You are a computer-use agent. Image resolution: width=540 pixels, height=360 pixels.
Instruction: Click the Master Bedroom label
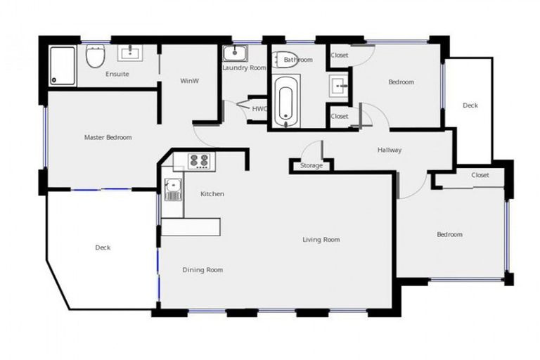(108, 137)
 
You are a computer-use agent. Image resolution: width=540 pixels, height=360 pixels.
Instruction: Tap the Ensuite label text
(117, 74)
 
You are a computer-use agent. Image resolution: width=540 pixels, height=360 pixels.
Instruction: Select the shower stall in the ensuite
(63, 65)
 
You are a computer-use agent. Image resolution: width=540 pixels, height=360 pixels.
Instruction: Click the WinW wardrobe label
(189, 81)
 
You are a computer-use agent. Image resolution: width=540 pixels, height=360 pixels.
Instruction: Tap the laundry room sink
(234, 53)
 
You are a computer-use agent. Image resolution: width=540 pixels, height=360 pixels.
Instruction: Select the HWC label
(259, 109)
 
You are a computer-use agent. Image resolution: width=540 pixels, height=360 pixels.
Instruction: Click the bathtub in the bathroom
(285, 103)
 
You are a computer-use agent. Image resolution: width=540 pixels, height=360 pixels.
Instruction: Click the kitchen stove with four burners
(198, 161)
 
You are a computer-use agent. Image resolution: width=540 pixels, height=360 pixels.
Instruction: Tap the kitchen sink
(172, 188)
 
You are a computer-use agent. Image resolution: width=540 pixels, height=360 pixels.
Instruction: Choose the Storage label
(311, 166)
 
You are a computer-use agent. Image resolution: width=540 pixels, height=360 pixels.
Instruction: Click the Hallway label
(390, 150)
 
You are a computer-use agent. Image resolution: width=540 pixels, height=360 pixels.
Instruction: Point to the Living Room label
(321, 240)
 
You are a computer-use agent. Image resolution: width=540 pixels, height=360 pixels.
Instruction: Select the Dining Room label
(202, 270)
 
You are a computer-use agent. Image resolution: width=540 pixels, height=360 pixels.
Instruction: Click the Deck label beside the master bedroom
(103, 247)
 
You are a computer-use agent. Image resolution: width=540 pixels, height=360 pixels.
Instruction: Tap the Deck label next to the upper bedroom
(470, 105)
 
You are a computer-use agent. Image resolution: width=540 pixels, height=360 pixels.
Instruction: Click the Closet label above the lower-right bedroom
(480, 175)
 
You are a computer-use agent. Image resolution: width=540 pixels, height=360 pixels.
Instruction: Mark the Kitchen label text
(212, 194)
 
